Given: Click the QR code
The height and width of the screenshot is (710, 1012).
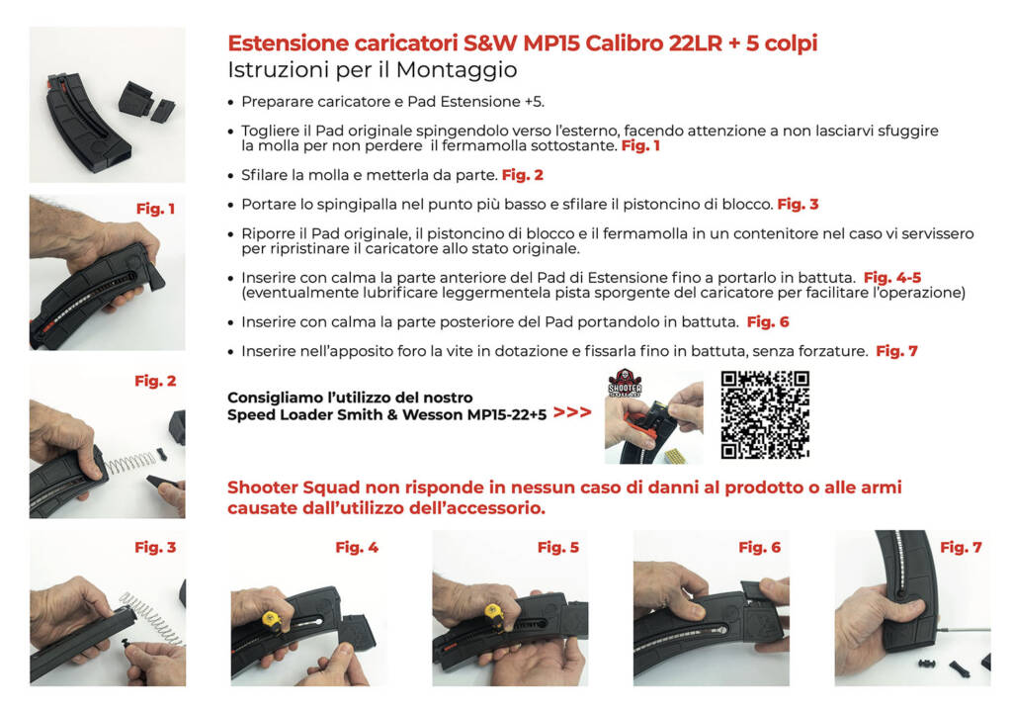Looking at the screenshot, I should click(765, 415).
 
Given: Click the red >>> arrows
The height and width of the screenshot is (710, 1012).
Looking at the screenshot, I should click(572, 412).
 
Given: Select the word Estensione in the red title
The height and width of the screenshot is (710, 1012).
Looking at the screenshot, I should click(288, 44).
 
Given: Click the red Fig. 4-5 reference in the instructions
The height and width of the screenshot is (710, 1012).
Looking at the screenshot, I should click(891, 277).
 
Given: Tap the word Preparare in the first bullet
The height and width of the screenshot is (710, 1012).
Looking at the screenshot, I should click(276, 102).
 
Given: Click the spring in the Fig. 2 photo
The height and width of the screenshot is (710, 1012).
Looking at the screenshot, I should click(131, 462).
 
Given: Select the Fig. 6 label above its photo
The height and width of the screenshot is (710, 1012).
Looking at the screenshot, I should click(759, 547).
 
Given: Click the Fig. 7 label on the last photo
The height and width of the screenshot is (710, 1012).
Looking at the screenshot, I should click(961, 547).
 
